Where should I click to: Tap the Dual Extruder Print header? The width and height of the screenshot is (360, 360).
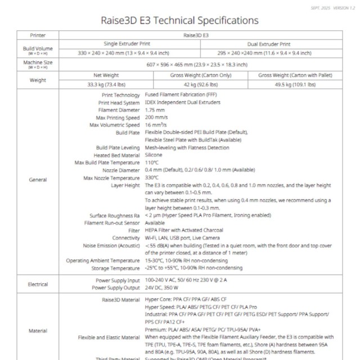coord(269,43)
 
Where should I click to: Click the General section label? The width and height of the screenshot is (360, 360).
coord(38,179)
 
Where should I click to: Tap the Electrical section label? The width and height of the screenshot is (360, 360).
coord(38,284)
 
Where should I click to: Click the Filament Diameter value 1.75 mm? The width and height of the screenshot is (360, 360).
coord(155,110)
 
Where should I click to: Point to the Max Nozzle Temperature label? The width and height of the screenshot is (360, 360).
coord(111,177)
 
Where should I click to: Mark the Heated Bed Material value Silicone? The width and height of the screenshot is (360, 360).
coord(154,155)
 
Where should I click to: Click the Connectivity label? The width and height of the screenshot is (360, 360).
coord(126,238)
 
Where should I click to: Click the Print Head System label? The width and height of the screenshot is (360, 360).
coord(119,103)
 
